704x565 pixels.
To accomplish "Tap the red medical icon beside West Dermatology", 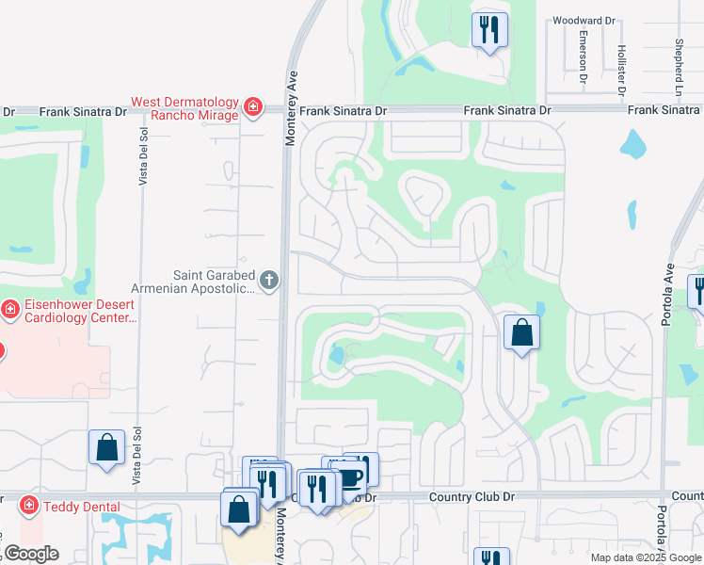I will click(x=252, y=107).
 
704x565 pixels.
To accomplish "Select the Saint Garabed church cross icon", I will click(x=269, y=280).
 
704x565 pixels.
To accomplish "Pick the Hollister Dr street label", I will click(x=621, y=71).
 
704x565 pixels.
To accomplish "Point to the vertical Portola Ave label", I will click(x=667, y=294).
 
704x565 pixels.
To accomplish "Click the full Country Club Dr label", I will click(x=472, y=496).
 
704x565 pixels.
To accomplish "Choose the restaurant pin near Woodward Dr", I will click(x=489, y=29).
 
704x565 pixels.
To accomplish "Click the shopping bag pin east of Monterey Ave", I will click(x=521, y=333).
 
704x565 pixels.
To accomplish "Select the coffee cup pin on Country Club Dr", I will click(x=349, y=478).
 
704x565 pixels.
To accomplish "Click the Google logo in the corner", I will click(x=30, y=554).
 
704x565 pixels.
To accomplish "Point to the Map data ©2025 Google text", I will click(x=645, y=557).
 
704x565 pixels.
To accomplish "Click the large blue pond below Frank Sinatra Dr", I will click(x=632, y=145).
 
